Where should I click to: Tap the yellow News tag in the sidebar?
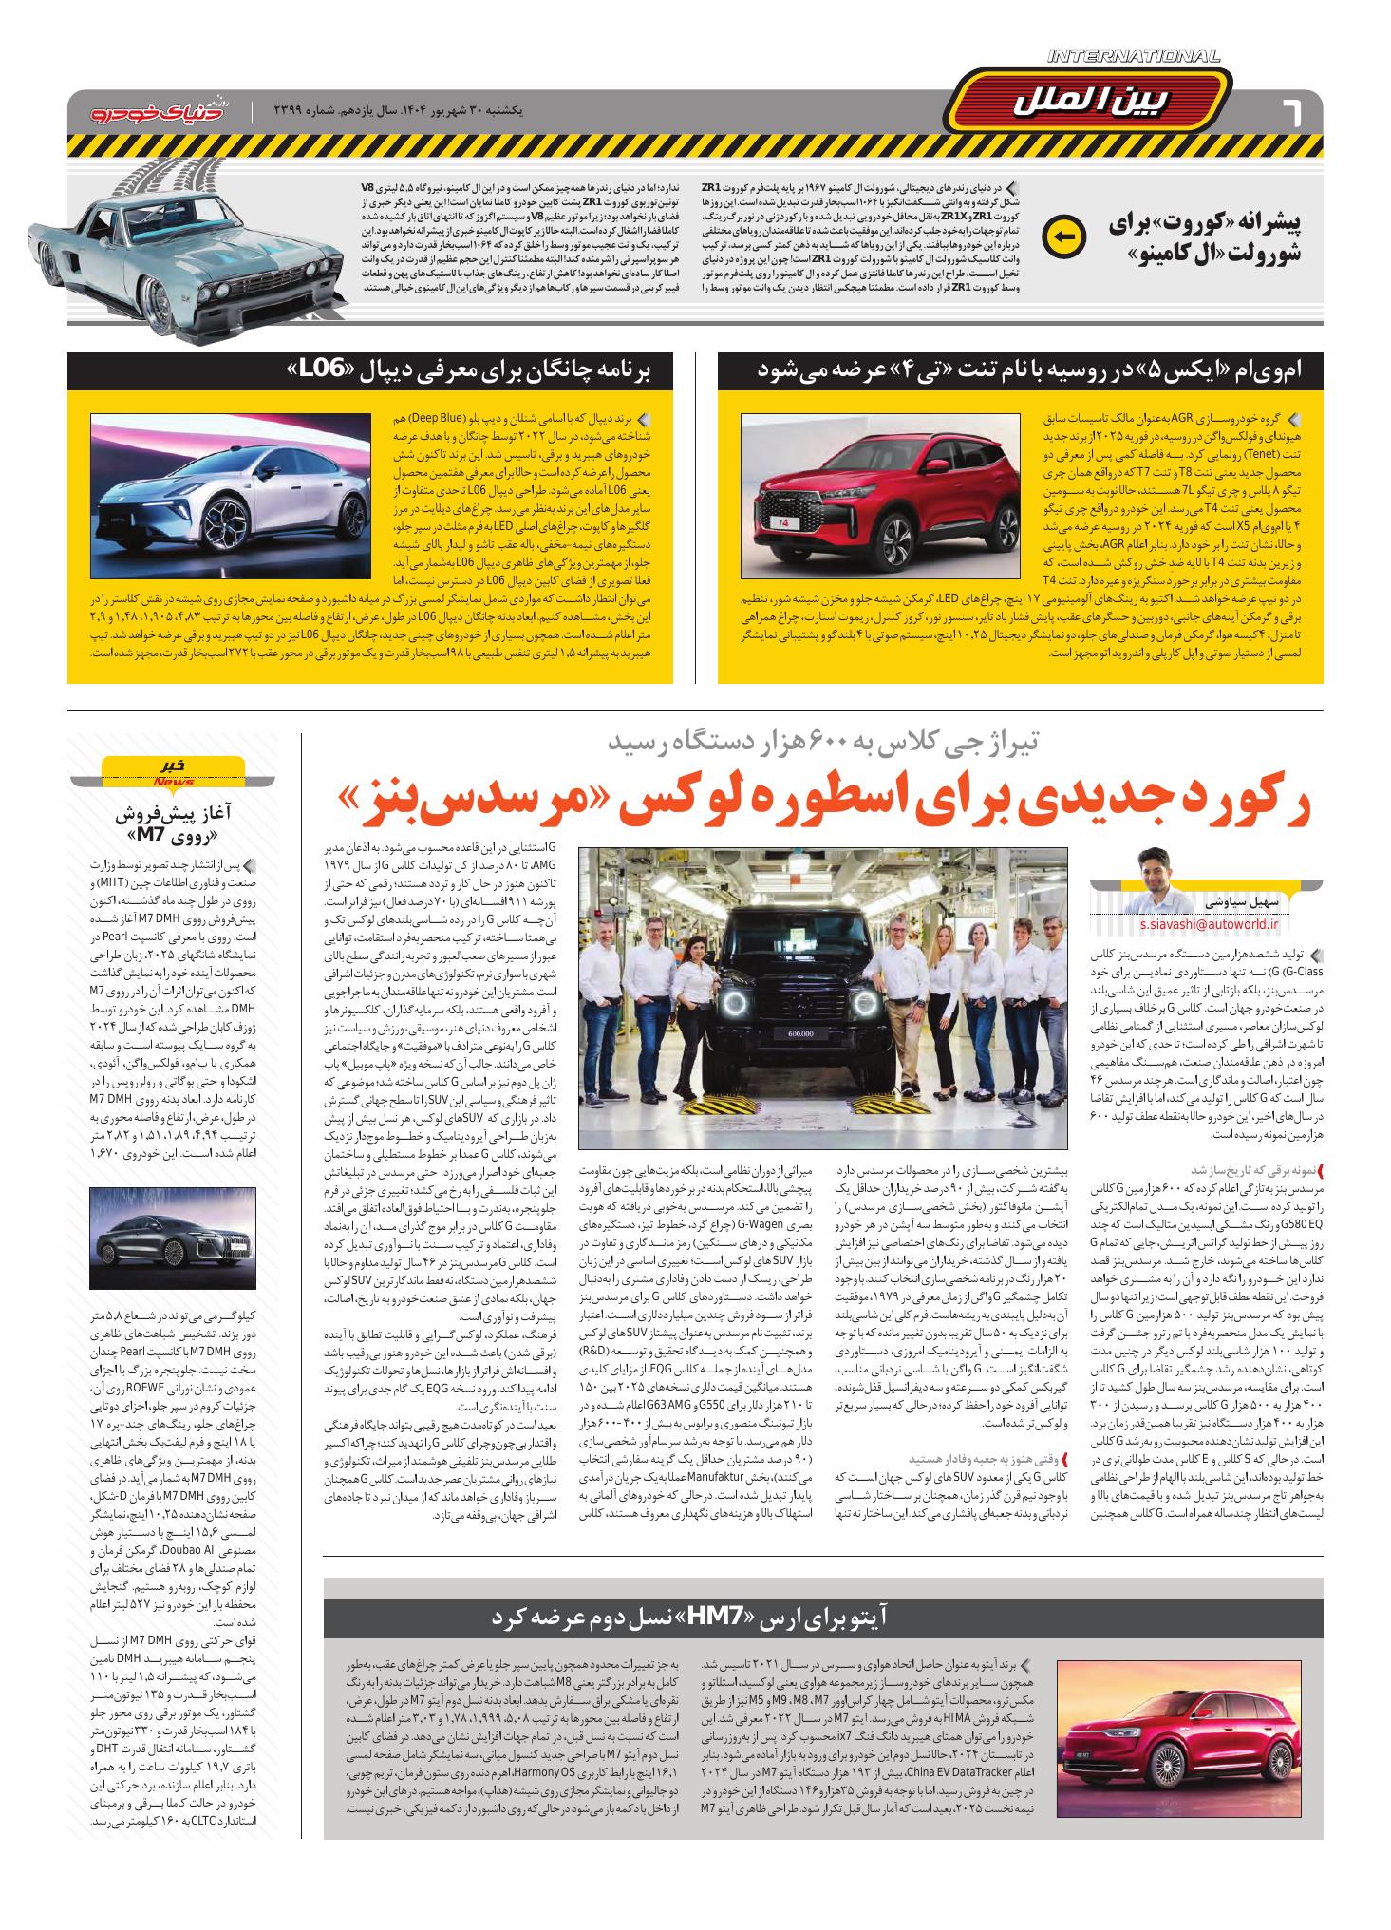coord(173,773)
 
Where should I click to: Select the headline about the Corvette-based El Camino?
coord(1204,238)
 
